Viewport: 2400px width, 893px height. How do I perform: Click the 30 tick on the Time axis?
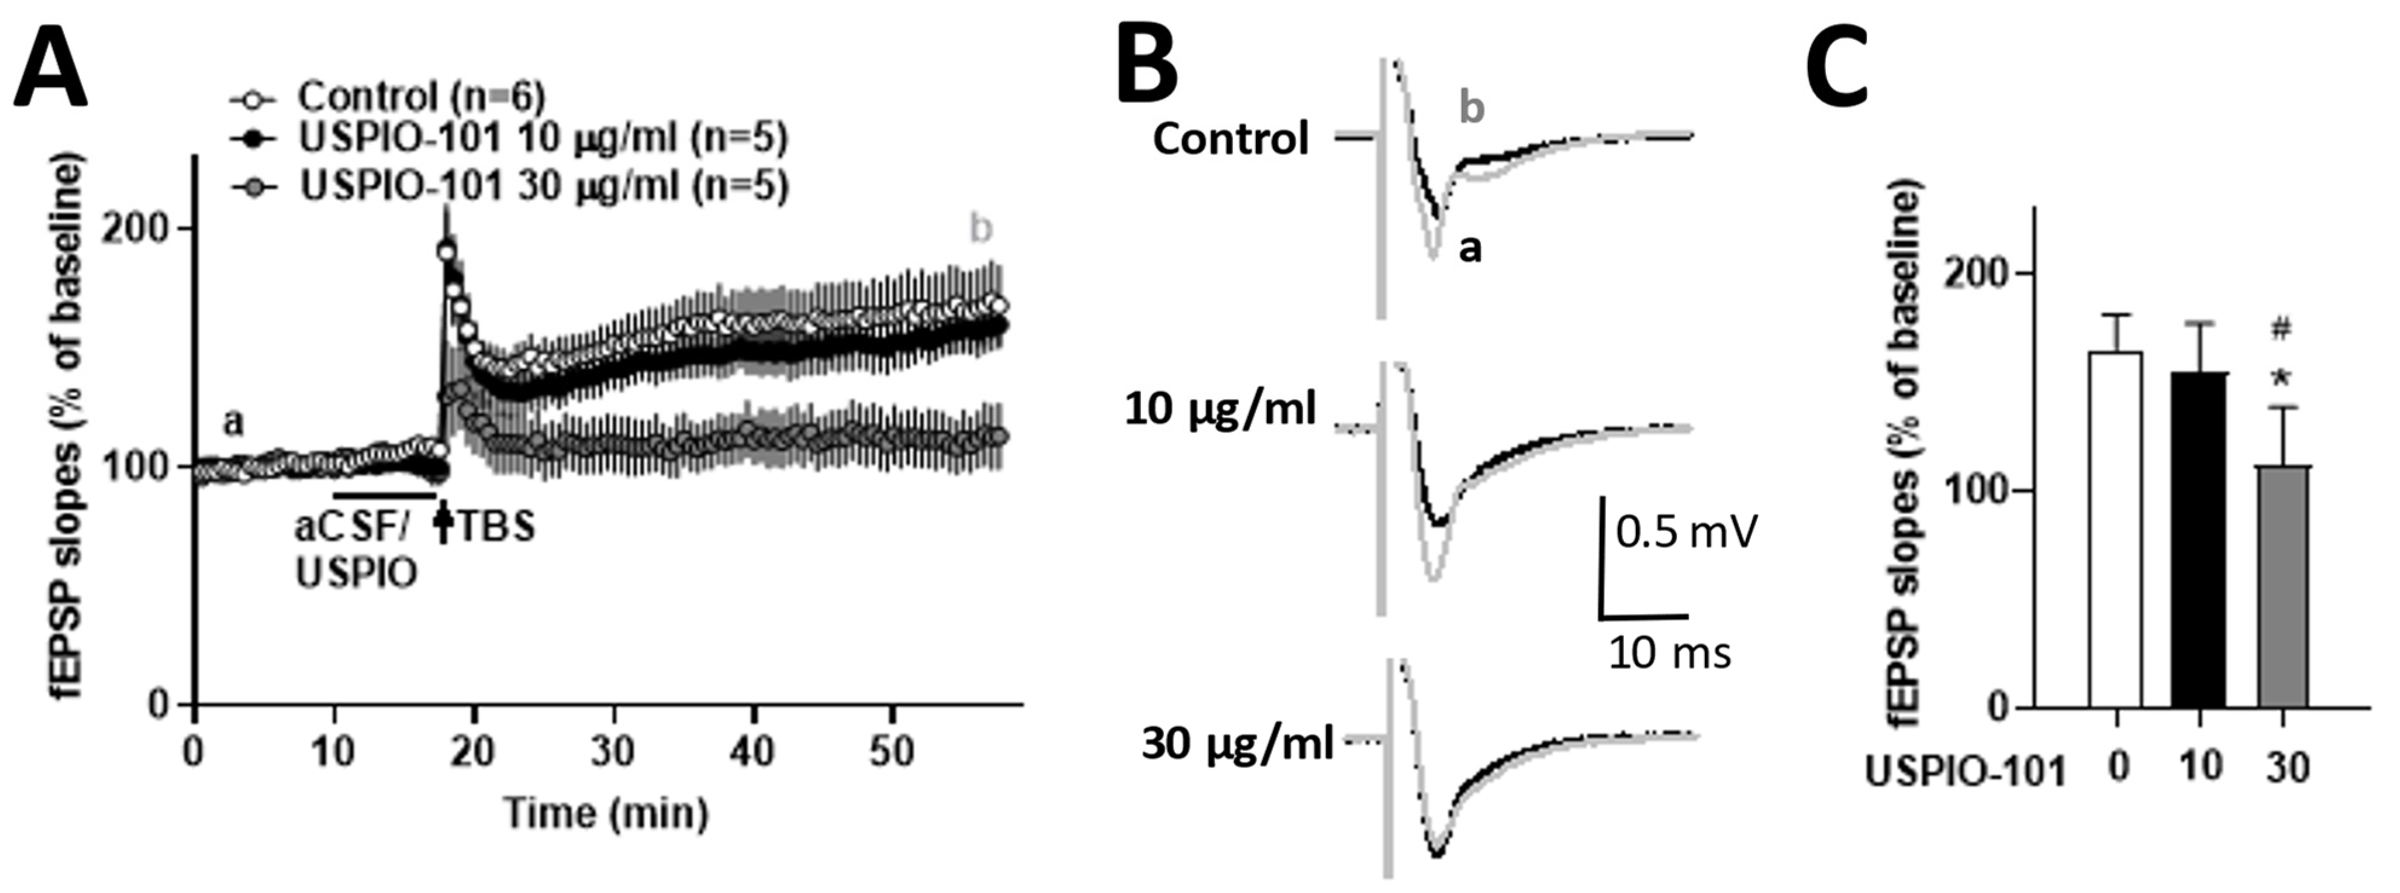(613, 750)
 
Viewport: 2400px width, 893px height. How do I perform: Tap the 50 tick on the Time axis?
(892, 750)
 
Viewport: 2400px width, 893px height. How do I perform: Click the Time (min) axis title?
(606, 813)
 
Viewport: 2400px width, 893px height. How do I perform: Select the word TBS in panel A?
(497, 527)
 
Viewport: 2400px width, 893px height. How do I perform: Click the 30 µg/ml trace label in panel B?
(1237, 745)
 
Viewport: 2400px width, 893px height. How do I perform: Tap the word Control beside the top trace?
(1231, 140)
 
